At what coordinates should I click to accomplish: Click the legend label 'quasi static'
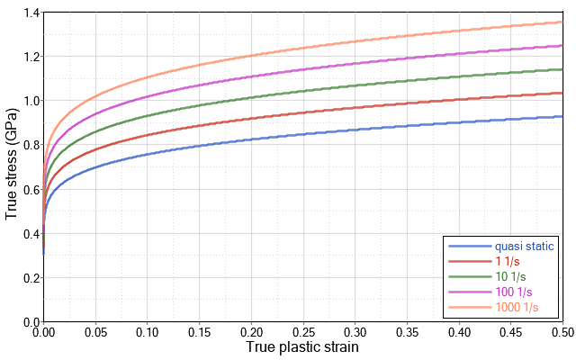tap(525, 246)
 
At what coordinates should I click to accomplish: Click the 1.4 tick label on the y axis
tap(30, 13)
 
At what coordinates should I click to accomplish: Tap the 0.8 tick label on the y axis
tap(30, 145)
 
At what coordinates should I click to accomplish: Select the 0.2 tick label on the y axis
tap(30, 277)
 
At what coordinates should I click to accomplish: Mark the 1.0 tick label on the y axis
tap(30, 101)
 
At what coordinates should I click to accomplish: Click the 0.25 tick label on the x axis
tap(303, 332)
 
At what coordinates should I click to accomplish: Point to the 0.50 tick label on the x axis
tap(562, 332)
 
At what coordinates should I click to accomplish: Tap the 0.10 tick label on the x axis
tap(148, 332)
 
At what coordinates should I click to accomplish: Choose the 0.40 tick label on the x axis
tap(459, 332)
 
